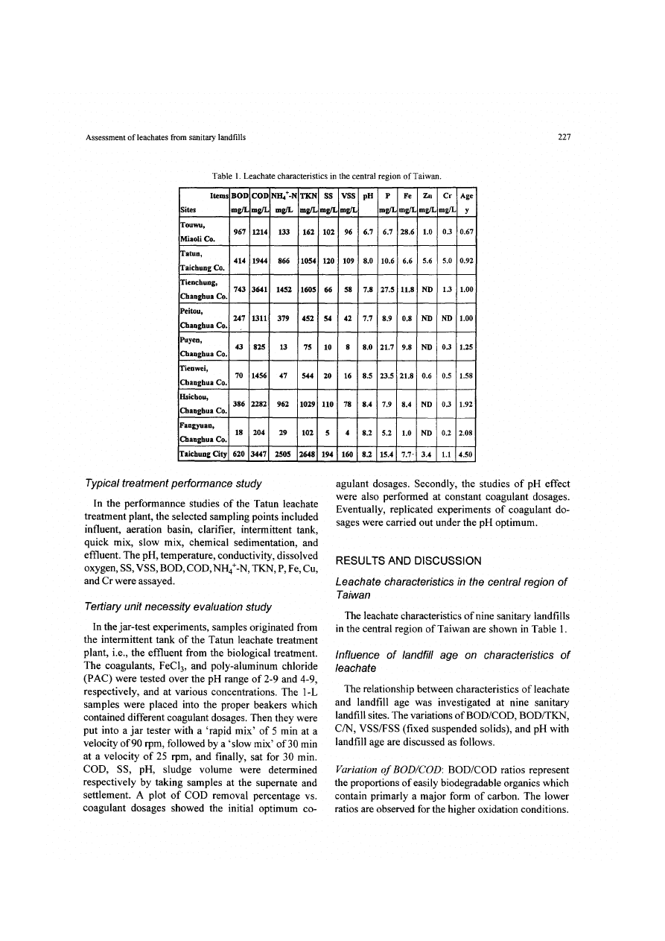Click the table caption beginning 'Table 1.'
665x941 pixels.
(x=328, y=176)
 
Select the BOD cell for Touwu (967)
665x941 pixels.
(x=240, y=231)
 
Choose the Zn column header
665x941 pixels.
(x=427, y=195)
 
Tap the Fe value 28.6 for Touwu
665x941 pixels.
(x=407, y=231)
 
